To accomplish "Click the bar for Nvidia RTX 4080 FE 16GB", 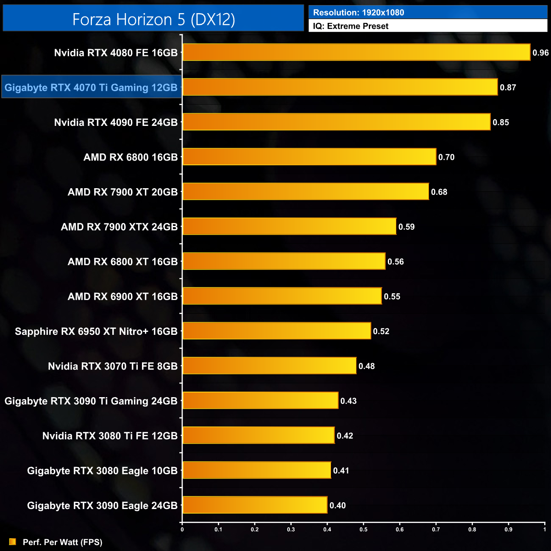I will point(356,52).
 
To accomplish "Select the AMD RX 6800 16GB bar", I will point(309,157).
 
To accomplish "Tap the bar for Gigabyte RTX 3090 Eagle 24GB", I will point(255,505).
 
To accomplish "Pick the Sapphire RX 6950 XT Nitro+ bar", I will point(277,331).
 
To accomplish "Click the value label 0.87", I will point(508,88).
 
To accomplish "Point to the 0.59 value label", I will point(406,227).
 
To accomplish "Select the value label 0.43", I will point(348,401).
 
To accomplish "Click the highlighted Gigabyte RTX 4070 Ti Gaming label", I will point(91,87).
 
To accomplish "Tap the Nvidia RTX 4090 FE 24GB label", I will point(116,122).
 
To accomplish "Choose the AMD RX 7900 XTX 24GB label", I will point(119,227).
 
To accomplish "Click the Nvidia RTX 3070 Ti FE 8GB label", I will point(113,366).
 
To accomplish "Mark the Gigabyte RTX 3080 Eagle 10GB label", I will point(102,470).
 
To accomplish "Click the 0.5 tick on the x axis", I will point(363,529).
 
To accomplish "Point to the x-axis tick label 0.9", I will point(508,529).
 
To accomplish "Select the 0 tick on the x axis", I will point(182,529).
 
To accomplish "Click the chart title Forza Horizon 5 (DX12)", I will point(153,19).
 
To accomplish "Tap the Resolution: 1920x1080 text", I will point(359,12).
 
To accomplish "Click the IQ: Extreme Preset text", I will point(351,26).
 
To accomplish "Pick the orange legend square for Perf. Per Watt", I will point(13,542).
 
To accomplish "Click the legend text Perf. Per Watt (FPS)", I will point(62,542).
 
